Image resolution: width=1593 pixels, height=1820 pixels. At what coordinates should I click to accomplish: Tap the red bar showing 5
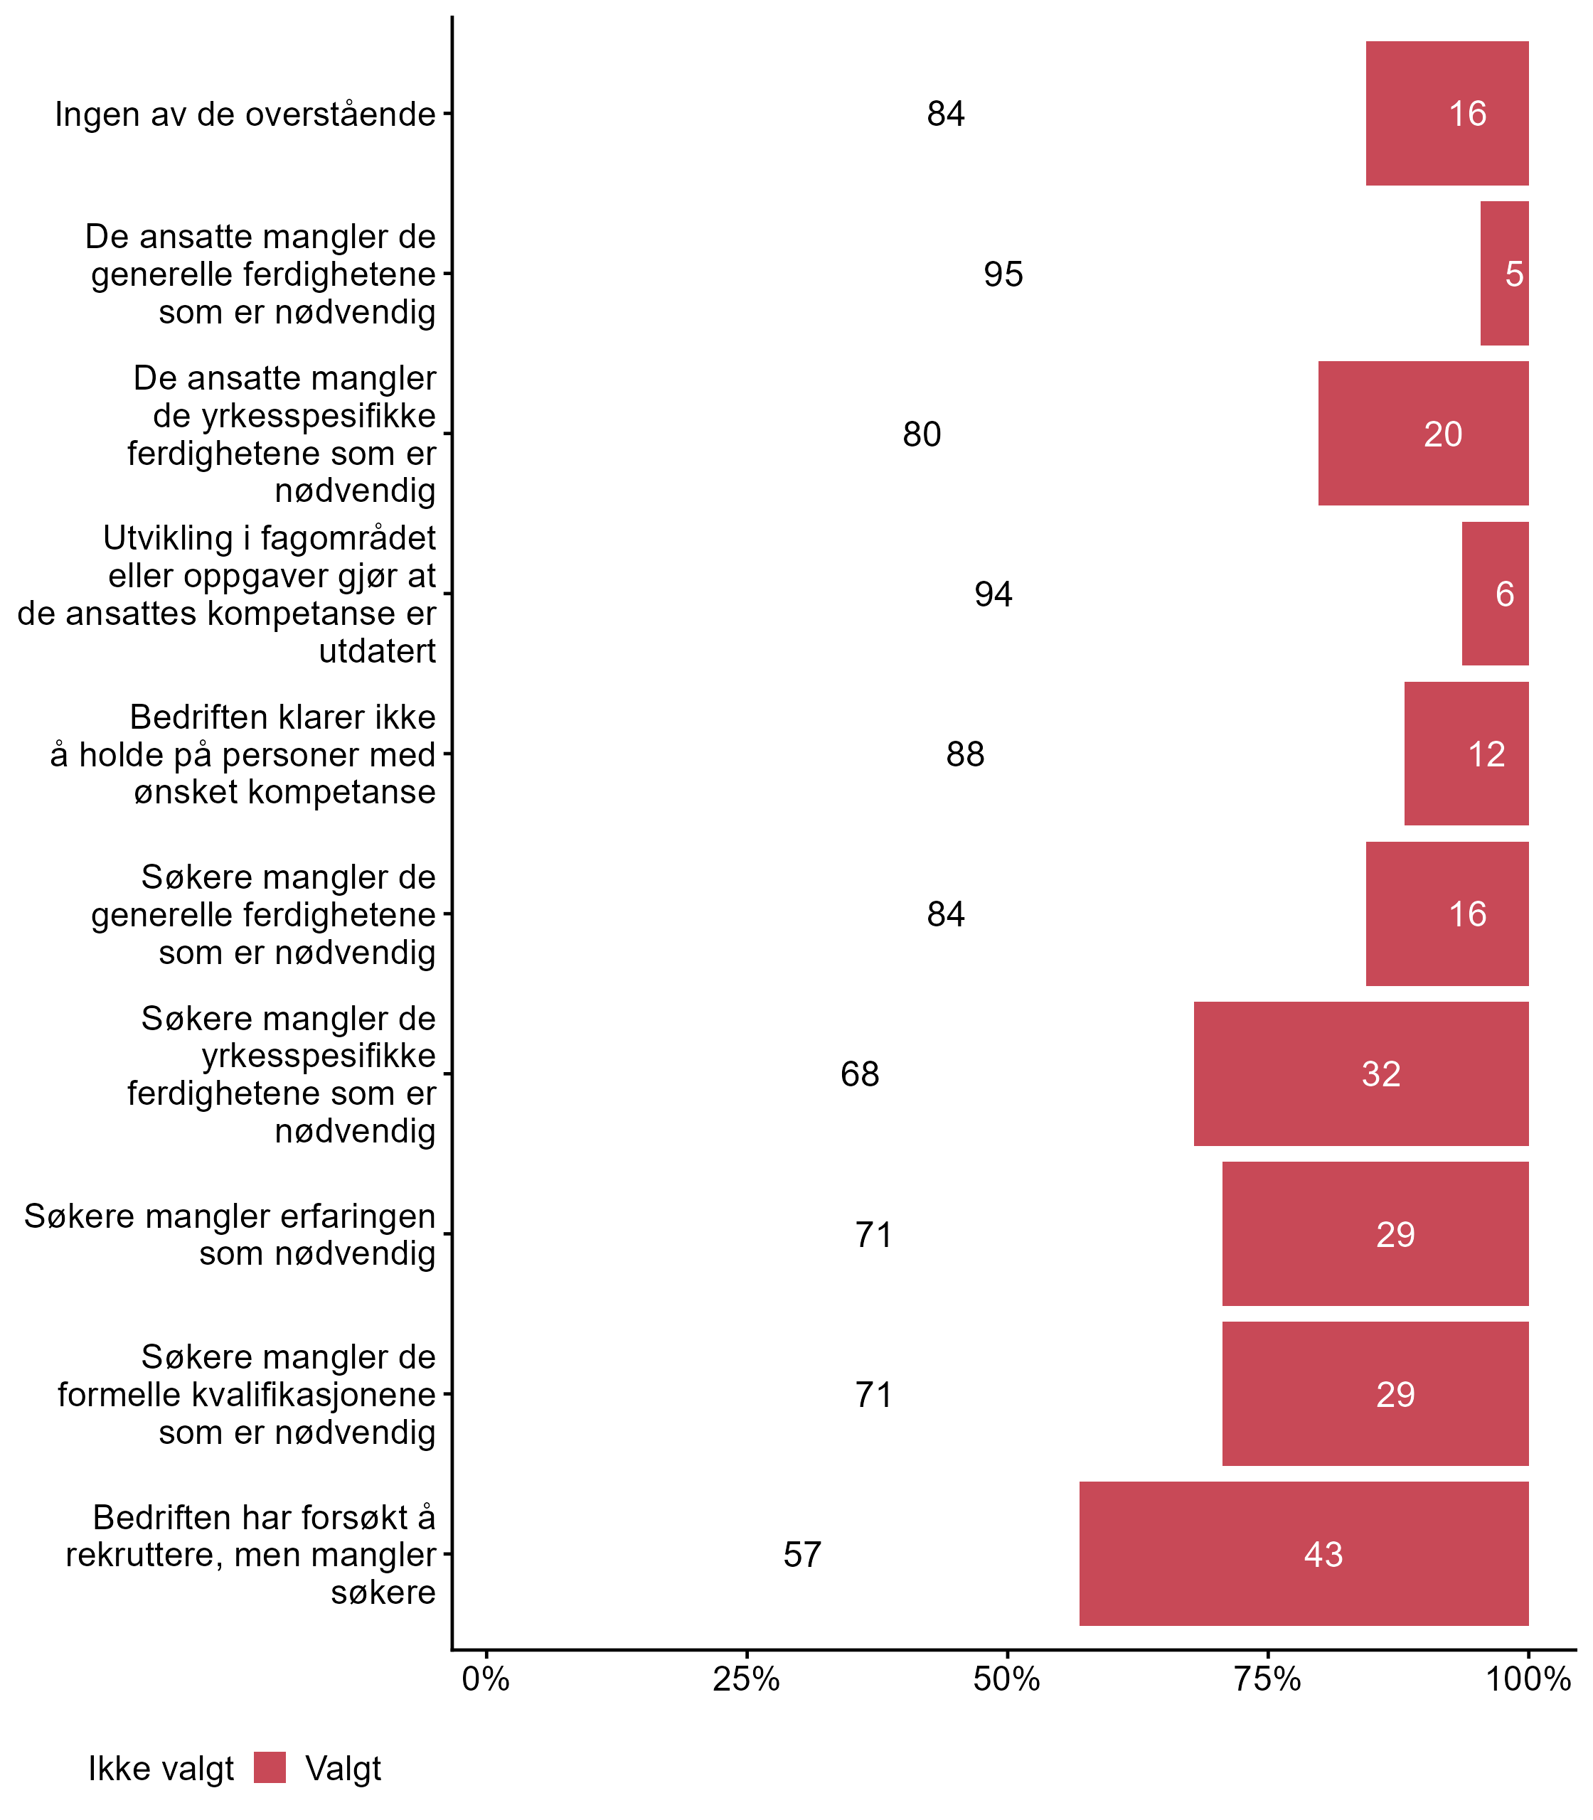(1504, 274)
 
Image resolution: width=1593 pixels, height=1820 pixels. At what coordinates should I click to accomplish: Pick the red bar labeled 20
(1422, 434)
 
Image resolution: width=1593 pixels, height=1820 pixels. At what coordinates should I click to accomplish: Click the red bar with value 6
(1494, 594)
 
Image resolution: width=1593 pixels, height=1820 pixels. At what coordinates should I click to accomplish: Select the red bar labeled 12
(1466, 754)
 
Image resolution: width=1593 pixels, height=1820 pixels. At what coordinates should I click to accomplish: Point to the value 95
(1003, 274)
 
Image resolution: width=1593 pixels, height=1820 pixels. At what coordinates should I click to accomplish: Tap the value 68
(860, 1074)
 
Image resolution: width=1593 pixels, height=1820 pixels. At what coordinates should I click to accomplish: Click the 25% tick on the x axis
(747, 1679)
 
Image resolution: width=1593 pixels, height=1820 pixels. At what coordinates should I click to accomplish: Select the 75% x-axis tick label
(1267, 1679)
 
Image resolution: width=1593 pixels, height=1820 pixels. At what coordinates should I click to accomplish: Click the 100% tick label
(1528, 1679)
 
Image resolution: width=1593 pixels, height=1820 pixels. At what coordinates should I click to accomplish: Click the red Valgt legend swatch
(270, 1767)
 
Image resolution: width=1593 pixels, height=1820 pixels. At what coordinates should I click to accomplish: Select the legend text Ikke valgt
(161, 1769)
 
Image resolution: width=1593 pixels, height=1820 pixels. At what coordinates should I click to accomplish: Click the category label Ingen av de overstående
(245, 114)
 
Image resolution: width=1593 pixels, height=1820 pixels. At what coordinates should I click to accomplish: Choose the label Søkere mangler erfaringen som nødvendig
(229, 1234)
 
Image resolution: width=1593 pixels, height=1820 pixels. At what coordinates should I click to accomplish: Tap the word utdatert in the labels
(377, 651)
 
